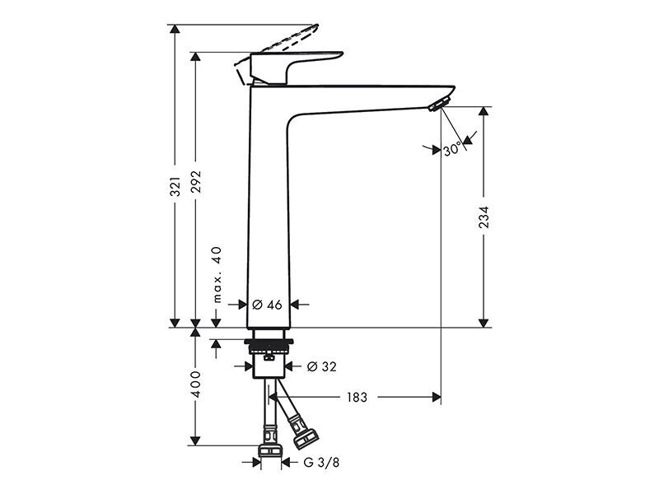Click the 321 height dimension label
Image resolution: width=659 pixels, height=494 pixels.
pos(175,187)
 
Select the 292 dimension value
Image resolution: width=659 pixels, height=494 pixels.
pos(196,182)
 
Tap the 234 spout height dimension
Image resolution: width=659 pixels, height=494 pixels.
pos(484,217)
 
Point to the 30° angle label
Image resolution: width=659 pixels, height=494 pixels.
pos(452,149)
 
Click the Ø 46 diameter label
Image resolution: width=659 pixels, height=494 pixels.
pos(267,305)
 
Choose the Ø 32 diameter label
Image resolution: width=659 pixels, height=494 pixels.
pos(322,366)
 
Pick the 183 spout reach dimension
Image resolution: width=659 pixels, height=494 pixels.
pos(357,397)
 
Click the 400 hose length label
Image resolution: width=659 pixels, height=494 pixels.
pos(196,384)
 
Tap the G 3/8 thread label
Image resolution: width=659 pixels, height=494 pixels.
pos(321,463)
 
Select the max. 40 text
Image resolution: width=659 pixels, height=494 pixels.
pos(217,275)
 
